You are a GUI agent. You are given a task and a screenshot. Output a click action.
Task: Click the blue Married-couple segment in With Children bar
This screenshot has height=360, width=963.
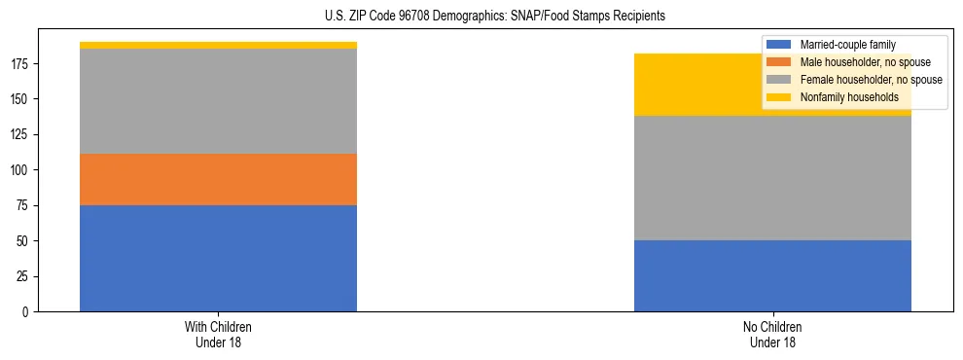coord(218,258)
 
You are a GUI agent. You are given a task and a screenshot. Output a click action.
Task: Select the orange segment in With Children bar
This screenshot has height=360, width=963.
coord(218,179)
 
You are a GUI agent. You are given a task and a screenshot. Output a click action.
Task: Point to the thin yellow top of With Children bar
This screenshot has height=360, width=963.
coord(218,45)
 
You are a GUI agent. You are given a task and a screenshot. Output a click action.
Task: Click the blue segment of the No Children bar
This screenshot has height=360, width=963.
coord(772,275)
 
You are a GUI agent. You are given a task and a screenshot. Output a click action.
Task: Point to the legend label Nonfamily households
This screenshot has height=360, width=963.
coord(842,97)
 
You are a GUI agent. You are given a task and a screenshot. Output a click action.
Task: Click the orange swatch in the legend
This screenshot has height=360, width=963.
coord(779,62)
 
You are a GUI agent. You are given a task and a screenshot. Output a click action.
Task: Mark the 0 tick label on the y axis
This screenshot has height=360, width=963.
coord(28,312)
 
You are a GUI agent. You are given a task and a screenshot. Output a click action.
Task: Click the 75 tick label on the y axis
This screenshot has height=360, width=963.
coord(25,206)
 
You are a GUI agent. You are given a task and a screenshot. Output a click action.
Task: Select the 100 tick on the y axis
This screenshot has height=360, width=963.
coord(22,170)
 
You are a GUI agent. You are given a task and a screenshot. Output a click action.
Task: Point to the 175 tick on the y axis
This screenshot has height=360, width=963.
coord(22,64)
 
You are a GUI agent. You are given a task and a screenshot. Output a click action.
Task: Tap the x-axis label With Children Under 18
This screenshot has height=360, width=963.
coord(218,334)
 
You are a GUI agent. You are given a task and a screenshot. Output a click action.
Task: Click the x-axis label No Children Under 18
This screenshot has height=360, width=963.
coord(772,334)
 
